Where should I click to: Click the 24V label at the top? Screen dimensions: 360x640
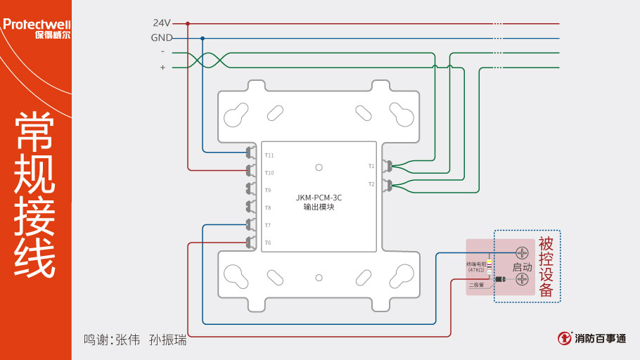162,23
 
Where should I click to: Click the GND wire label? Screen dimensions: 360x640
162,38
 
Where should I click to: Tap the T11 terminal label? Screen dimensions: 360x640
269,155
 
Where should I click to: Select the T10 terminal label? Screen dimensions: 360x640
269,173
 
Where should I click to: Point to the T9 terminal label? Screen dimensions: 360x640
268,191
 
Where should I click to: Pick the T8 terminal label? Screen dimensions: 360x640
268,208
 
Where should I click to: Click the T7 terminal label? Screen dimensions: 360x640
268,226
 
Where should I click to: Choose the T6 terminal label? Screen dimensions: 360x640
268,243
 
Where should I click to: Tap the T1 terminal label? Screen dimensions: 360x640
371,167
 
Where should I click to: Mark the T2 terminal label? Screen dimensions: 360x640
371,184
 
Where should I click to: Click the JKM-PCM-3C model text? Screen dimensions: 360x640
319,198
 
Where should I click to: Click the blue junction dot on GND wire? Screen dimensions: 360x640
203,38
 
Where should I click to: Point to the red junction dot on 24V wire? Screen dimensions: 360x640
188,23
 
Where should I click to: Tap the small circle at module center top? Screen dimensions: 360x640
319,167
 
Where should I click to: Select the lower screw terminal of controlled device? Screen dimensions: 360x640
522,279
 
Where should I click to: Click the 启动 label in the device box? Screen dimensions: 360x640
522,267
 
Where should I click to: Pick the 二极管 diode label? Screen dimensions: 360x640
476,285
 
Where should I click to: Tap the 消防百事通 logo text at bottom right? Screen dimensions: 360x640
600,338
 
